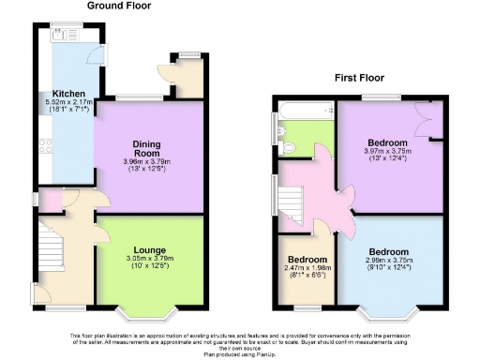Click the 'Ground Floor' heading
click(x=119, y=6)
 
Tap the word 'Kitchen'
click(x=69, y=94)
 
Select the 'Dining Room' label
click(x=150, y=146)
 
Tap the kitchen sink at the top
click(x=63, y=33)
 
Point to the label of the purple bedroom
click(x=388, y=143)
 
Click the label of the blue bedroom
click(x=388, y=252)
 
